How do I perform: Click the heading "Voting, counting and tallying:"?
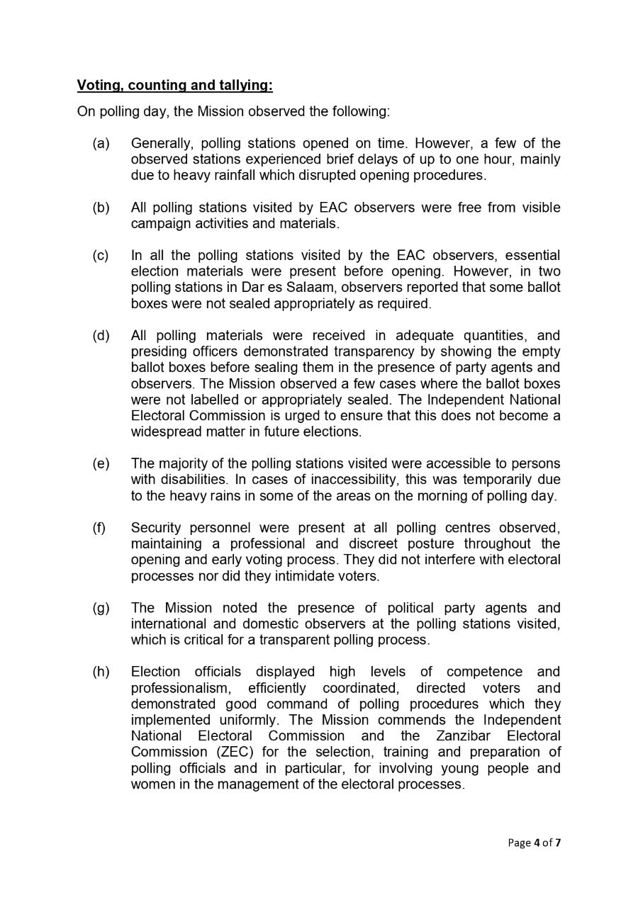174,86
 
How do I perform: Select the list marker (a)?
101,144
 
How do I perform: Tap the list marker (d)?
101,336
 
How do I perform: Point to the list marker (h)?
101,672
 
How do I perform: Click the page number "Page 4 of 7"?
535,842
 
